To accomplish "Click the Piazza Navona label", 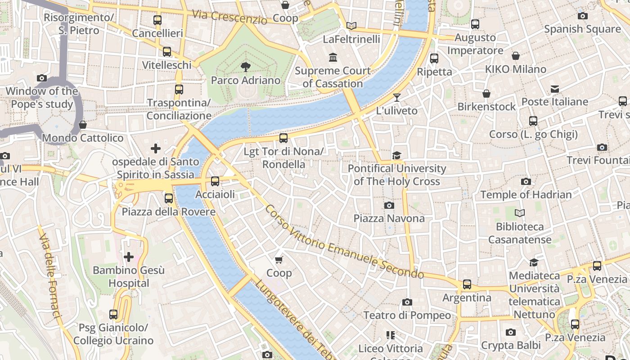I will (x=389, y=218).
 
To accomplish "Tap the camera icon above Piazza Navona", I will (x=389, y=206).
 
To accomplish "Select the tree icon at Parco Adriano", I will (x=246, y=67).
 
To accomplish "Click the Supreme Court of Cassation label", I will (x=333, y=77).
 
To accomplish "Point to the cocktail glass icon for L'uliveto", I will (x=396, y=97).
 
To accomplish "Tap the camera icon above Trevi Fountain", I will (x=602, y=147).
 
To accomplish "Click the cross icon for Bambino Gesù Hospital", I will (x=129, y=257).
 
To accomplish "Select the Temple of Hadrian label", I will (x=526, y=195).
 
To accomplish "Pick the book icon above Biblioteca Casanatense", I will (x=520, y=213).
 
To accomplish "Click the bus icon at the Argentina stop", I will (x=467, y=284).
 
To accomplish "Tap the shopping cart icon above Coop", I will (x=279, y=260).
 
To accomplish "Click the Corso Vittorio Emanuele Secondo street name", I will (x=344, y=242).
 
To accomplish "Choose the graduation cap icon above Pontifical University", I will (x=396, y=155).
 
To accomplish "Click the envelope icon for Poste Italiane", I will (x=554, y=89).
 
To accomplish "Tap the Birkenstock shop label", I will (x=486, y=107).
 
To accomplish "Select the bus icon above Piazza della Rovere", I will (x=169, y=198).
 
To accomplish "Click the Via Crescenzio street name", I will (x=229, y=17).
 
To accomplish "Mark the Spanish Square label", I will (x=582, y=29).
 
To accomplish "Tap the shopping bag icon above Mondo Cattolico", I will (x=82, y=125).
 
